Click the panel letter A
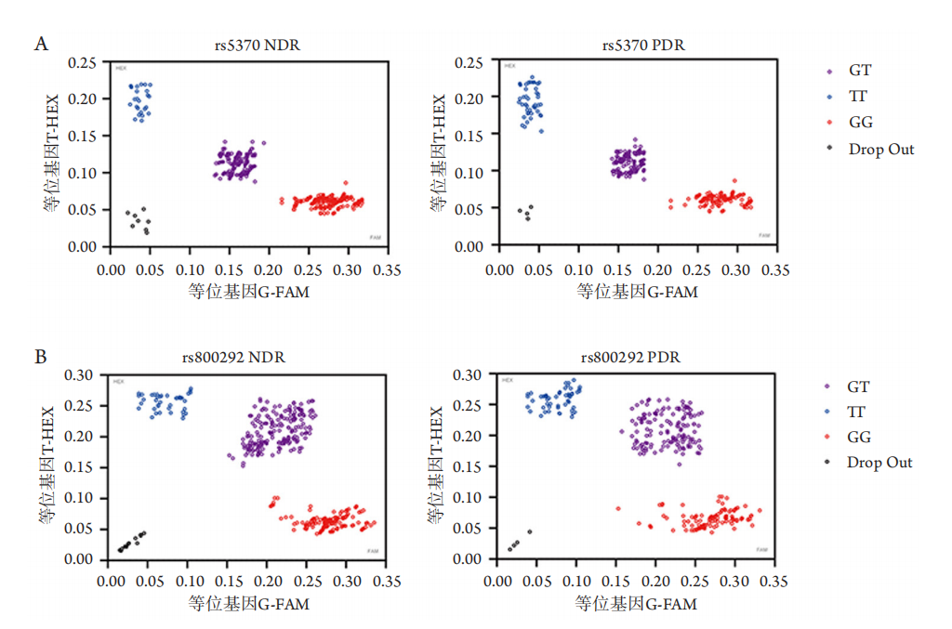pyautogui.click(x=41, y=43)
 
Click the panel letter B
pyautogui.click(x=41, y=356)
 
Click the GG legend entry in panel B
pyautogui.click(x=859, y=437)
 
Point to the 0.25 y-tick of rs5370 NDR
pyautogui.click(x=82, y=63)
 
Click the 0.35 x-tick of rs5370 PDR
pyautogui.click(x=774, y=269)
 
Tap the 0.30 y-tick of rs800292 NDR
pyautogui.click(x=82, y=374)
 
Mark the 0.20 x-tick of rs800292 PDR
pyautogui.click(x=655, y=583)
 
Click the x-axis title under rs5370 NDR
pyautogui.click(x=248, y=292)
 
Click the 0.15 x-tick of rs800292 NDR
pyautogui.click(x=229, y=583)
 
